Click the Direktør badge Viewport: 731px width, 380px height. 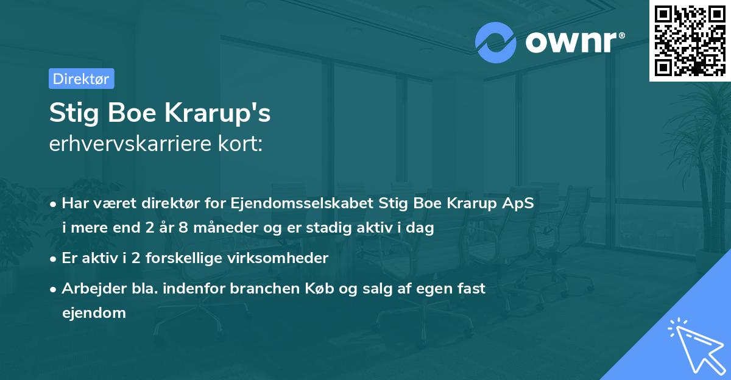point(81,79)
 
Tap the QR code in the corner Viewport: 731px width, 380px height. point(690,40)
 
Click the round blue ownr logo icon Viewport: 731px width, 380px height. point(496,43)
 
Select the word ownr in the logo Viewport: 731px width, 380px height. point(573,41)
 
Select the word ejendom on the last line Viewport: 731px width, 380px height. point(94,313)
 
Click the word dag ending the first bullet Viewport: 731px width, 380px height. point(422,229)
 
